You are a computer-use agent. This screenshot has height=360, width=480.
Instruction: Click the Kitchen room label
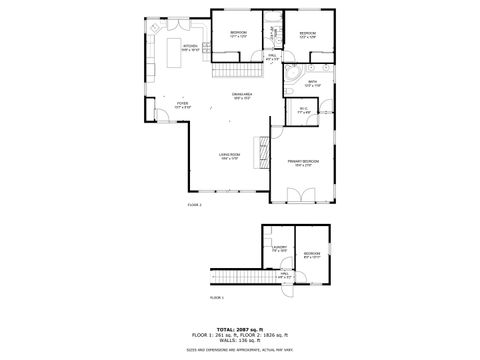click(x=190, y=46)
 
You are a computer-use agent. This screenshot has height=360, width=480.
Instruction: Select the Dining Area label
click(x=241, y=94)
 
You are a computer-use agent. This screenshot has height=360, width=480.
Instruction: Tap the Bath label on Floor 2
click(x=311, y=85)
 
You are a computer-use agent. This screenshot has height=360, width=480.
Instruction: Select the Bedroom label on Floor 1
click(x=312, y=254)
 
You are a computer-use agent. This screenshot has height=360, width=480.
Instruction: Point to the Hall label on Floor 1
click(x=285, y=274)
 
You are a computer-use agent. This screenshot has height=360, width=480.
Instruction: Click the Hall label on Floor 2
click(x=272, y=57)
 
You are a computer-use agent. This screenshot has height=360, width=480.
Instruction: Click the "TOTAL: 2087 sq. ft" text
click(x=240, y=327)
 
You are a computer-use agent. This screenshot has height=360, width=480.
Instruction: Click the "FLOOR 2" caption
click(x=194, y=204)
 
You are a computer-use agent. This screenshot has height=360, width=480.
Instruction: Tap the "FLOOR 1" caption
click(x=217, y=297)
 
